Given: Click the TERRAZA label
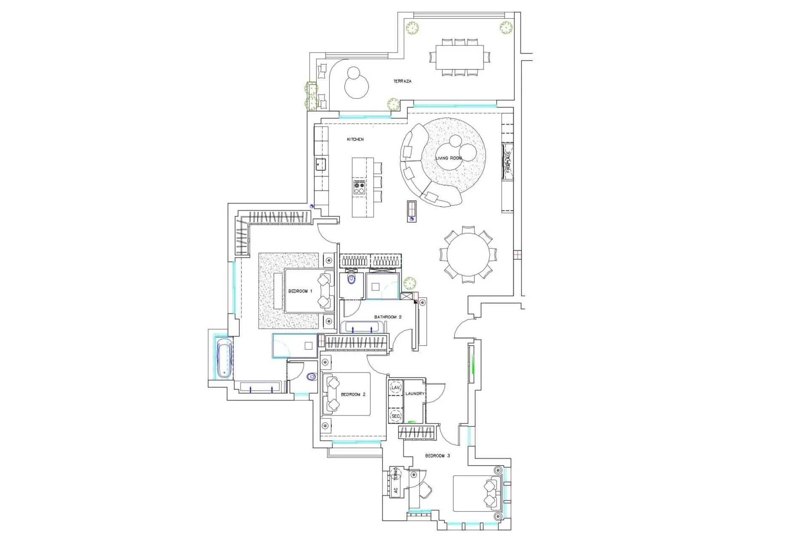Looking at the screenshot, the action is [402, 81].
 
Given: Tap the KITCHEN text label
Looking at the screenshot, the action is [355, 139].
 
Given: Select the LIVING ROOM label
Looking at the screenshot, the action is [449, 158].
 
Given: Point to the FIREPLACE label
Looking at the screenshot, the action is [507, 162].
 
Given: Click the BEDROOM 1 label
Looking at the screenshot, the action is [300, 291].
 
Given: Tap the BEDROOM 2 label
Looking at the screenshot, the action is [353, 394].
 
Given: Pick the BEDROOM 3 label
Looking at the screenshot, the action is [438, 456].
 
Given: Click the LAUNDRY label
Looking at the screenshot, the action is [415, 394].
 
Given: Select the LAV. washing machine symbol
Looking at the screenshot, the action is [395, 387].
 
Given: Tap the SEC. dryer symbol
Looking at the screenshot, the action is [395, 416].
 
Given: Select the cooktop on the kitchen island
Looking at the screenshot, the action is [359, 187].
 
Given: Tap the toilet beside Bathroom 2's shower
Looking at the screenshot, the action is [351, 279].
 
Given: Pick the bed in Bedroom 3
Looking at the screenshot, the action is [476, 493].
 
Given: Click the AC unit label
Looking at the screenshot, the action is [395, 490].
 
